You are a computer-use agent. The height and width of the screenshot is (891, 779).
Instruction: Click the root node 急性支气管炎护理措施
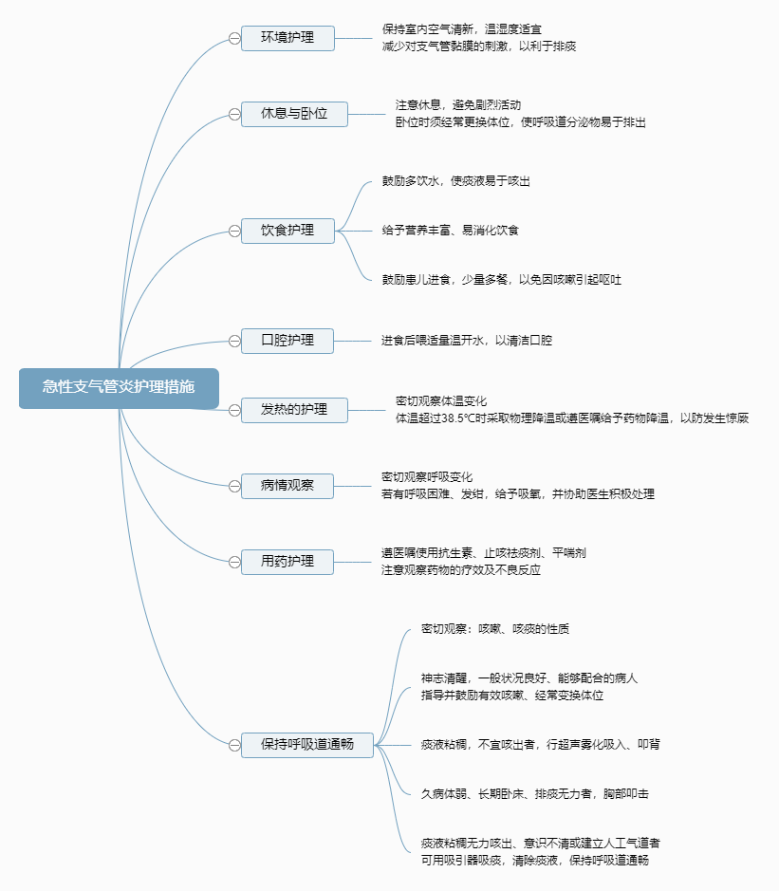click(119, 387)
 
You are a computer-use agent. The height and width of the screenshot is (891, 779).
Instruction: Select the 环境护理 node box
click(287, 38)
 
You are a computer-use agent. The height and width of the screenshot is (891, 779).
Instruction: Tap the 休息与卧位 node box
click(294, 114)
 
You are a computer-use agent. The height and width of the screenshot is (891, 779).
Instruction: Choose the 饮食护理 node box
click(287, 231)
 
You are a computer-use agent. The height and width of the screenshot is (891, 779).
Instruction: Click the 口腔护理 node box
click(287, 341)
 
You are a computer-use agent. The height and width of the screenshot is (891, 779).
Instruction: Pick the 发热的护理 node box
click(294, 410)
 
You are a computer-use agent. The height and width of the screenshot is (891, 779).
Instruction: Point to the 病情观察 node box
click(287, 486)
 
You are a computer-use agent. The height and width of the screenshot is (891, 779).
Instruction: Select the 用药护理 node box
click(287, 562)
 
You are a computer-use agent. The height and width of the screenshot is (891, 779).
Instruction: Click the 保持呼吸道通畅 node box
click(307, 745)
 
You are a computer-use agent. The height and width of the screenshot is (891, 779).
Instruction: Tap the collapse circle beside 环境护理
click(233, 38)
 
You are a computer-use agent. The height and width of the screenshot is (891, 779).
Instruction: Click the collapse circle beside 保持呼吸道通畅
click(233, 745)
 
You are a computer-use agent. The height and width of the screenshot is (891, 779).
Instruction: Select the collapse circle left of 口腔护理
click(233, 341)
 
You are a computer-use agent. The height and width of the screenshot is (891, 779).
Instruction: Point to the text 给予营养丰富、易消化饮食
click(450, 230)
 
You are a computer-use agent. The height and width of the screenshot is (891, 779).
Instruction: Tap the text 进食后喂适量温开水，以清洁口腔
click(466, 340)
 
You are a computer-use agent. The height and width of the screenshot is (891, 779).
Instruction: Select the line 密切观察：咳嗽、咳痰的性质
click(495, 629)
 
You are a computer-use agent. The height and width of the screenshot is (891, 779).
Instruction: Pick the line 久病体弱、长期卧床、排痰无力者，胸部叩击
click(535, 793)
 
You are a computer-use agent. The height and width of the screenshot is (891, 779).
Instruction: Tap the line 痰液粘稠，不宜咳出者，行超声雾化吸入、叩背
click(541, 745)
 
